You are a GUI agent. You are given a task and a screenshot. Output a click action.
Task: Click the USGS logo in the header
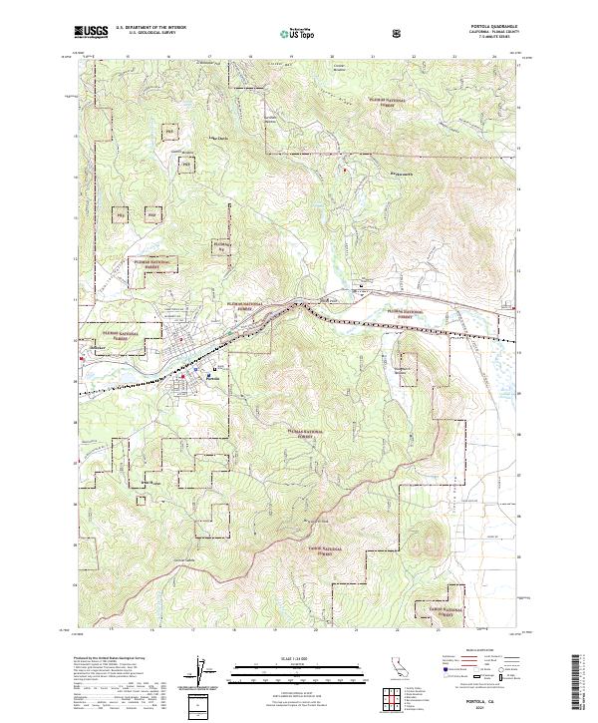tap(91, 33)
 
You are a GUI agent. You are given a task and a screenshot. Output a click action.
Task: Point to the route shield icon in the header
tap(399, 34)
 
